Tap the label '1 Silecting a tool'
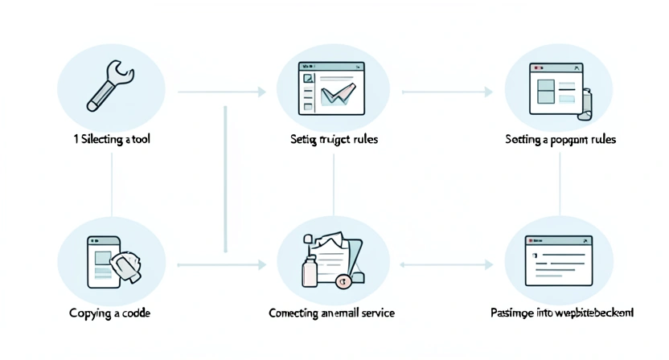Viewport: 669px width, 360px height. [112, 139]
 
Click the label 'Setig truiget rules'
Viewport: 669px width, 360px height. [334, 139]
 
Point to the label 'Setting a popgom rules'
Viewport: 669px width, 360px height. [560, 139]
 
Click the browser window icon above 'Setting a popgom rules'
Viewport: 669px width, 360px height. [554, 90]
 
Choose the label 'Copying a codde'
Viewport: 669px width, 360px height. [112, 312]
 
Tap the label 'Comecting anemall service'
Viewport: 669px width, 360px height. [331, 312]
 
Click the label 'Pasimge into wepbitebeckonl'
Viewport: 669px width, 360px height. [561, 312]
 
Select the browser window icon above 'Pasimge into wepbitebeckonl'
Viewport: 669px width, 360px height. [559, 260]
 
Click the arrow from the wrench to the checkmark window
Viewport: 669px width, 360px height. [221, 93]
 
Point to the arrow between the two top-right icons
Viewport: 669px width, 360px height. [447, 93]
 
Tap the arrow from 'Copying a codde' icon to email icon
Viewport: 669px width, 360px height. [221, 264]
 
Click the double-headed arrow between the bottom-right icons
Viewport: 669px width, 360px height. [447, 264]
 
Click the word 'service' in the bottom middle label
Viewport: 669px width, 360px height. [377, 312]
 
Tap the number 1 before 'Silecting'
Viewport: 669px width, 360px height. [74, 139]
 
